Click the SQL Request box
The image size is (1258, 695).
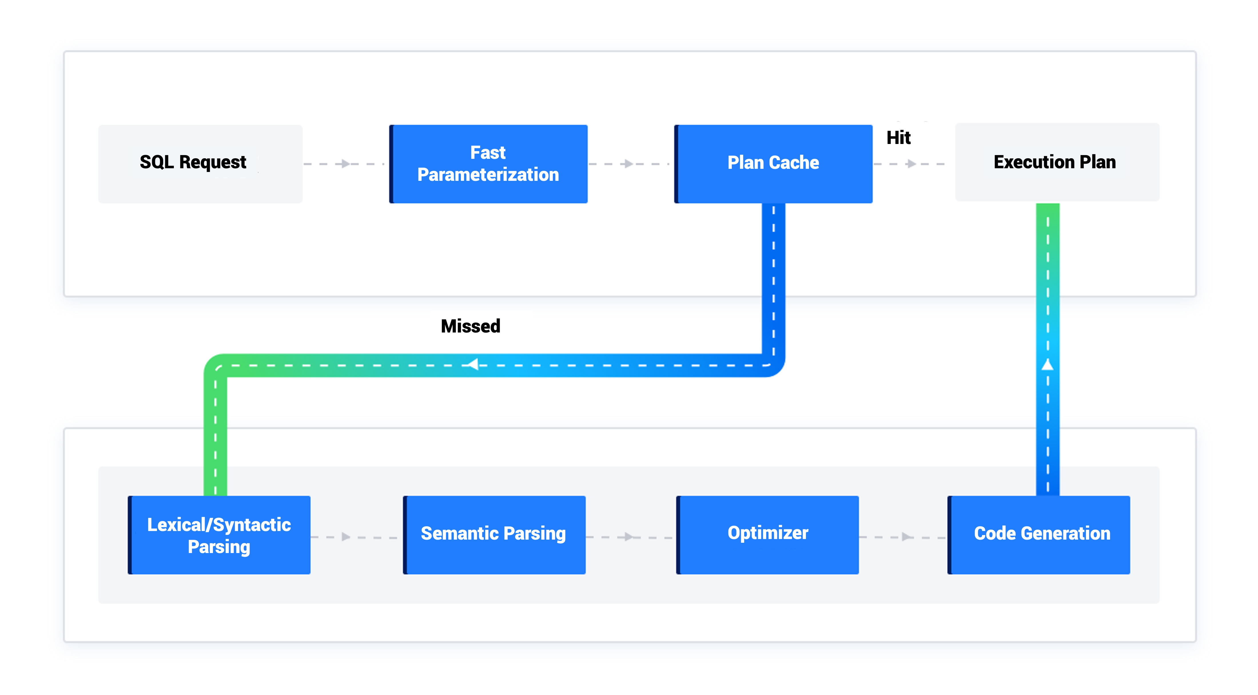(x=200, y=163)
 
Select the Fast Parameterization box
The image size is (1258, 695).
(x=488, y=163)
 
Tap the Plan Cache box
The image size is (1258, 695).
(x=774, y=163)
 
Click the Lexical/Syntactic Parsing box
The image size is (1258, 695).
(x=219, y=535)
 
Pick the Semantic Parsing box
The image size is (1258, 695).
(x=494, y=535)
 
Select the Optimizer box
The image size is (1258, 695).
(x=768, y=535)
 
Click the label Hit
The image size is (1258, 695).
(x=899, y=138)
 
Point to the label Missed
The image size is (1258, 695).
(x=470, y=326)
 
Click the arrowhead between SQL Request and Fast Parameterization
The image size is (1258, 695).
(x=345, y=164)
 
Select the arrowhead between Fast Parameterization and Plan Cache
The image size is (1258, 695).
(x=628, y=164)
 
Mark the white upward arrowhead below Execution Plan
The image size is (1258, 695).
(x=1048, y=364)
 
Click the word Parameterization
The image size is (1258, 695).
(x=488, y=175)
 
